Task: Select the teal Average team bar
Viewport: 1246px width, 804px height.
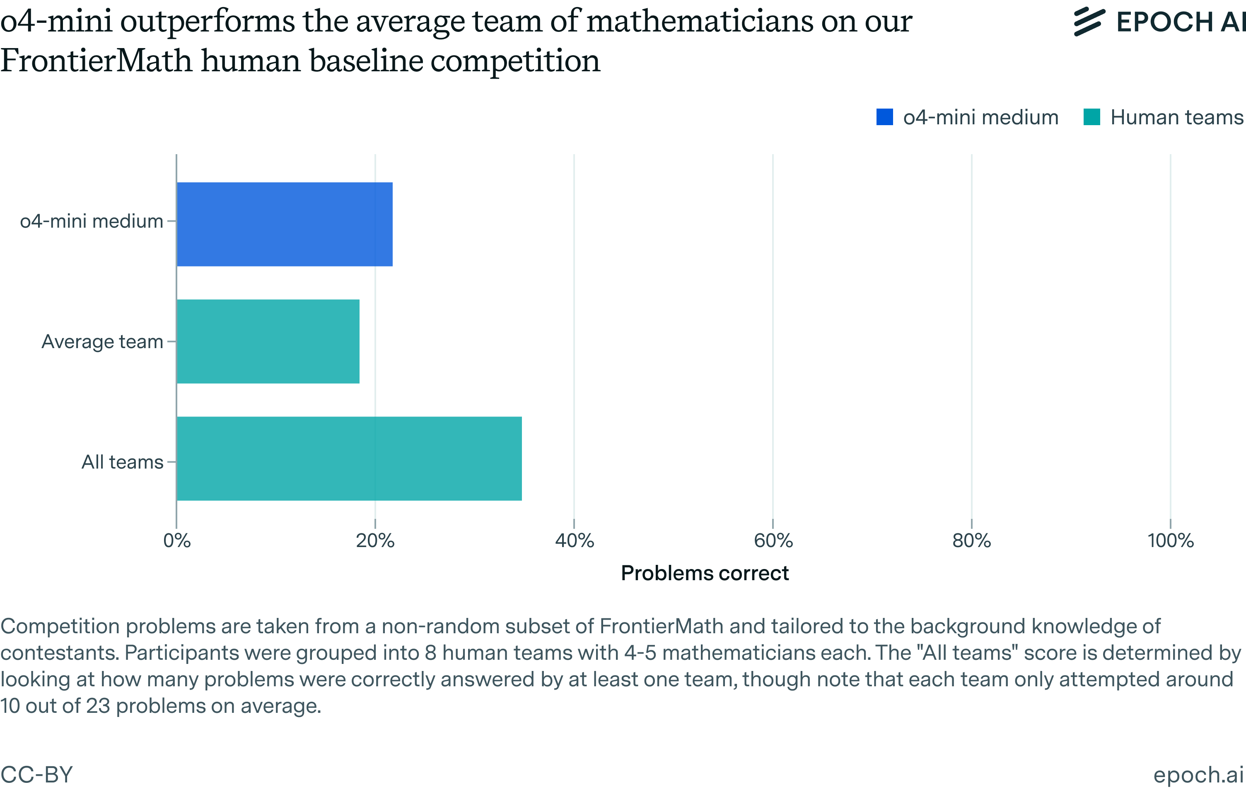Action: coord(268,341)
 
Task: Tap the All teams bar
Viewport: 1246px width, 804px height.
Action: coord(348,458)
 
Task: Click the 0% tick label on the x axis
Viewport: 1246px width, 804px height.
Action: coord(177,541)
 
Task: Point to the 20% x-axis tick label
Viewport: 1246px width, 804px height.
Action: coord(375,541)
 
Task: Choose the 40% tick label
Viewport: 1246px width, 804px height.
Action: coord(574,541)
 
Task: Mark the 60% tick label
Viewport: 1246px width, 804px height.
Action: coord(773,541)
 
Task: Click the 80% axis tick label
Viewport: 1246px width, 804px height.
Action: coord(971,541)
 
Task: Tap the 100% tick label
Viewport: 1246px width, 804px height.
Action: coord(1170,541)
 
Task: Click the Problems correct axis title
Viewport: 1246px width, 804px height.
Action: coord(705,573)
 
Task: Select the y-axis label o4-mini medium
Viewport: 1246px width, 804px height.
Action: coord(91,221)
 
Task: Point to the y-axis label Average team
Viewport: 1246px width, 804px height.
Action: coord(102,341)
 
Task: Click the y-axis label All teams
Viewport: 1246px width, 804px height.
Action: coord(122,462)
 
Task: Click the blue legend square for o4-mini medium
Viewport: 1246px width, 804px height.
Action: coord(884,117)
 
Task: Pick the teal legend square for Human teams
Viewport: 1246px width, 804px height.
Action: coord(1091,117)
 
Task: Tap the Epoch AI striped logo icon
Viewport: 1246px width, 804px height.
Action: coord(1089,22)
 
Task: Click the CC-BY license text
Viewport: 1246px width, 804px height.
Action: coord(36,775)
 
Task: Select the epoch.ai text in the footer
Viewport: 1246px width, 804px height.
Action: coord(1198,775)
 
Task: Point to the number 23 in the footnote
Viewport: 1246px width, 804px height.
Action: coord(98,706)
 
